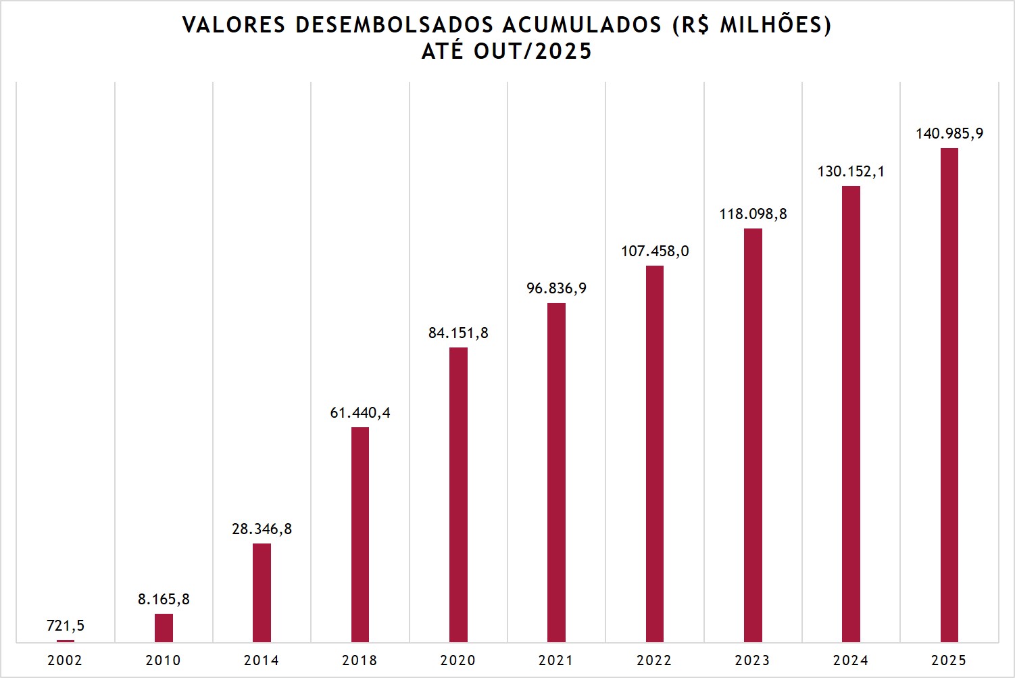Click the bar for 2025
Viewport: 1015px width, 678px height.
(949, 395)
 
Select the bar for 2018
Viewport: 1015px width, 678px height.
(360, 534)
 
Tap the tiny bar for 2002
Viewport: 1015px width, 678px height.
(66, 641)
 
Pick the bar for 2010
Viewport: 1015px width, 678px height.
(164, 627)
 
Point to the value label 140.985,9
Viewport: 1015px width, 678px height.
(949, 134)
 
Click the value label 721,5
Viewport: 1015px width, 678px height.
(66, 626)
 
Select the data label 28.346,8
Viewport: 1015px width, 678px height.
(262, 529)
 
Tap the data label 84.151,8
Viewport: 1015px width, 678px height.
(458, 333)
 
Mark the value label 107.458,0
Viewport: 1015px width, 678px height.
(655, 251)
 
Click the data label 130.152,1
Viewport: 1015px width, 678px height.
(851, 172)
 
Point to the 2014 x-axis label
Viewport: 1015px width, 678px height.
(262, 660)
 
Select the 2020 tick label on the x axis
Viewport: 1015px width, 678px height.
(458, 660)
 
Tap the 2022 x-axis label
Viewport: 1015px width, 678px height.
(654, 660)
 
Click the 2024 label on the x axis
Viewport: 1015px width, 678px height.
(851, 660)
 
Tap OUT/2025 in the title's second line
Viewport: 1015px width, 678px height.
(533, 51)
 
